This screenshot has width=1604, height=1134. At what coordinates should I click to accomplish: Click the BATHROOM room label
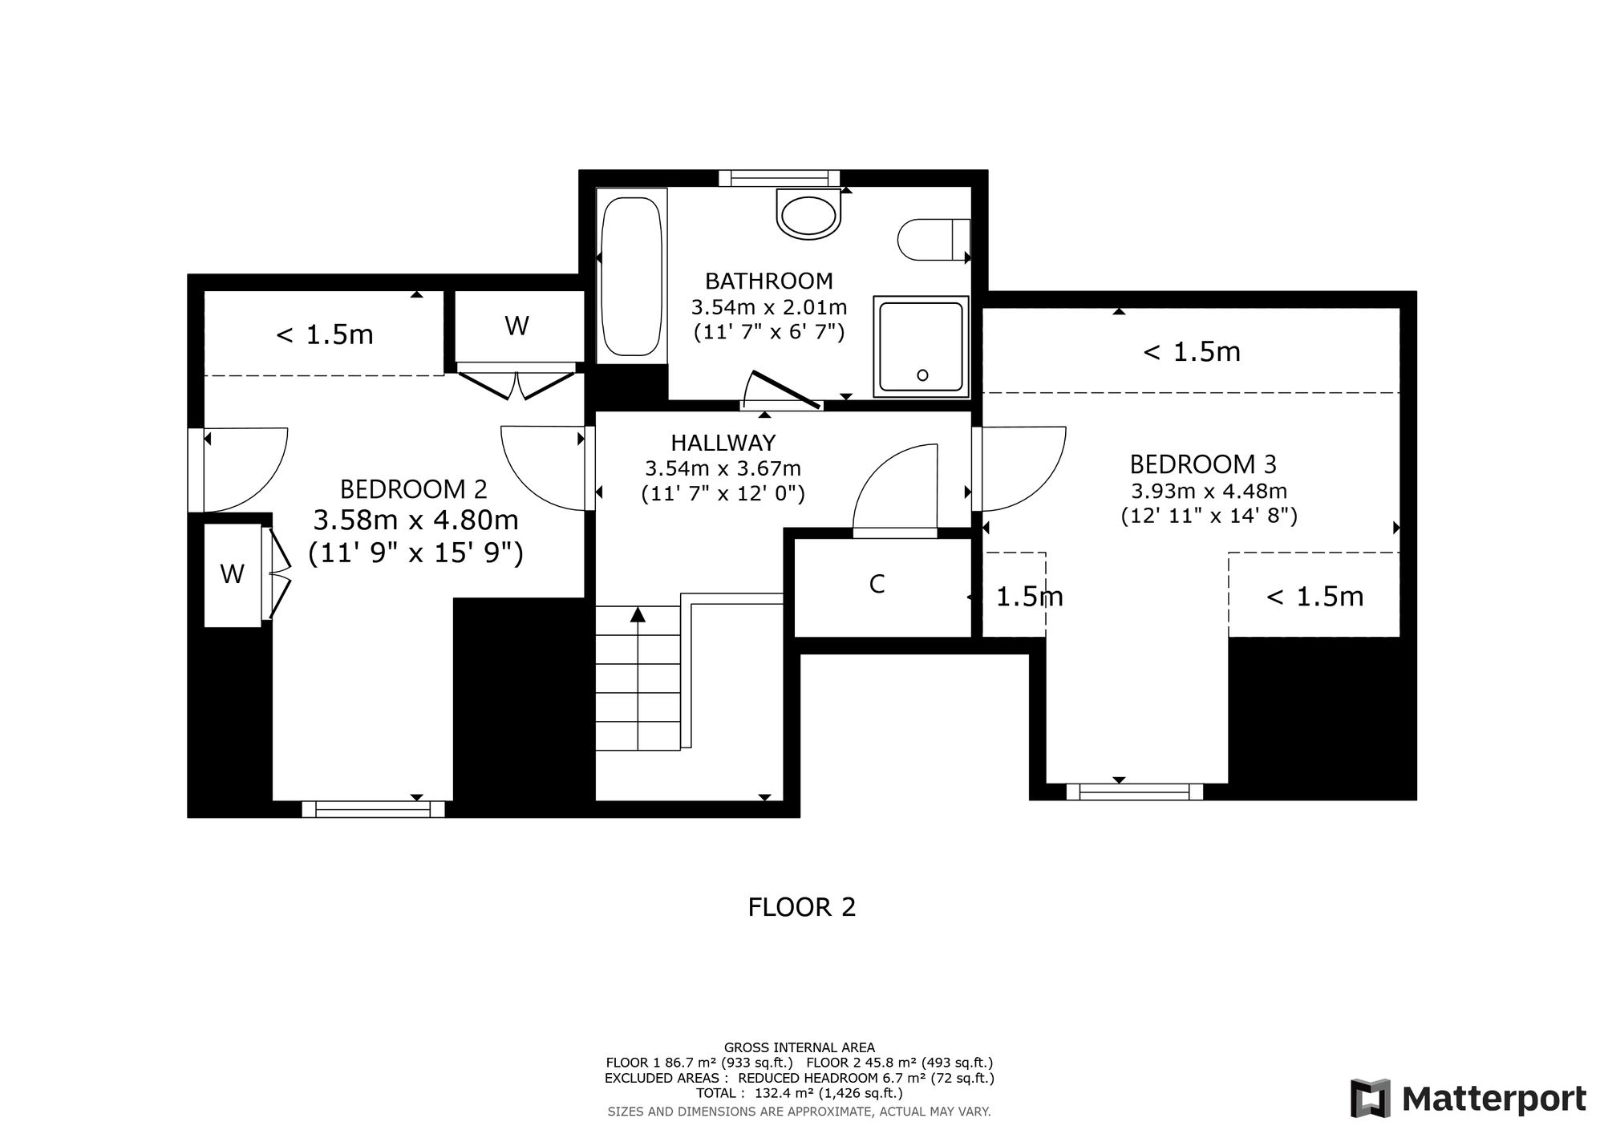(769, 281)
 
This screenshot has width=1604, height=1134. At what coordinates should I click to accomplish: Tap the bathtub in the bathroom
(632, 276)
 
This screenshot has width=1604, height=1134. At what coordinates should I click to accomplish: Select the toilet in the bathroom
(934, 239)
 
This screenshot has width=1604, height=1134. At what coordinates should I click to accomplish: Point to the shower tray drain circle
(922, 375)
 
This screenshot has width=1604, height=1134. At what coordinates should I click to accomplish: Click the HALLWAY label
(723, 443)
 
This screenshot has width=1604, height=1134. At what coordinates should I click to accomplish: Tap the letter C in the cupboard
(877, 585)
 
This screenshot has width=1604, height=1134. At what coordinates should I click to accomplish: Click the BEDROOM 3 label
(1203, 464)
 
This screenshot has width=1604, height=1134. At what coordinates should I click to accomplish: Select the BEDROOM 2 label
(414, 489)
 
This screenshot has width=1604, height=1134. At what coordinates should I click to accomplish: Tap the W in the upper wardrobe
(517, 326)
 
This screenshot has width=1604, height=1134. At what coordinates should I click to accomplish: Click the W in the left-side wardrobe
(233, 573)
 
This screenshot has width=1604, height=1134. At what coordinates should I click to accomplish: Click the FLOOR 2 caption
(802, 907)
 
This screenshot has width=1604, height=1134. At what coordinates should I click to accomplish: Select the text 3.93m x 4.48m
(1209, 491)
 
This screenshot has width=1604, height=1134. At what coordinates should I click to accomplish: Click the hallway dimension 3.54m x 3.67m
(723, 468)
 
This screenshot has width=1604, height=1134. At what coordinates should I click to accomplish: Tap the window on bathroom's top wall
(779, 178)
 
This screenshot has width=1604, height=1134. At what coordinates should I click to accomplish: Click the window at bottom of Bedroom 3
(1134, 792)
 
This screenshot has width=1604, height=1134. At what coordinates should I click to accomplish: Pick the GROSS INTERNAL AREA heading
(800, 1047)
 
